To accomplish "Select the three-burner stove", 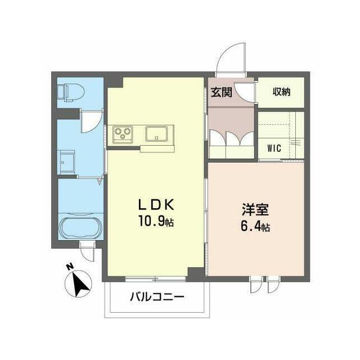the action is click(x=123, y=134).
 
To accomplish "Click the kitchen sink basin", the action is click(x=156, y=134).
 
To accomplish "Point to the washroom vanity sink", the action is click(x=66, y=162).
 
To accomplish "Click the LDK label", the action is click(x=156, y=205).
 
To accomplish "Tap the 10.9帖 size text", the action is click(x=156, y=221).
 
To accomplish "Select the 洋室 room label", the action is click(x=255, y=209).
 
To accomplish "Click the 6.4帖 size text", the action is click(x=255, y=226).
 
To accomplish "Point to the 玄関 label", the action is click(x=222, y=92).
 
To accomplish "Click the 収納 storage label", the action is click(x=281, y=92).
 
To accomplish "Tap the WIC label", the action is click(x=274, y=148).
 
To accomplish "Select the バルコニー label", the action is click(x=157, y=297).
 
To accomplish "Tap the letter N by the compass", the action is click(x=70, y=267).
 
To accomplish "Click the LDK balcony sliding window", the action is click(x=155, y=279).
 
